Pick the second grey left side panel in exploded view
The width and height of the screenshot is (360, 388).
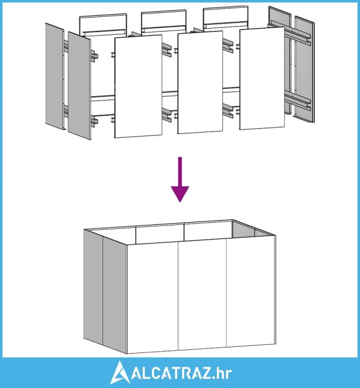pos(79,84)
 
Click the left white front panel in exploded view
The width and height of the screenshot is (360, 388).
pos(138,87)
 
